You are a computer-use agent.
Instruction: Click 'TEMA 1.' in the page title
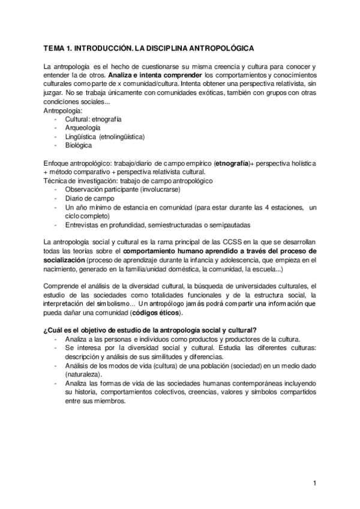pos(58,47)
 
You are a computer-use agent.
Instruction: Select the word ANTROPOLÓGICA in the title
pos(224,47)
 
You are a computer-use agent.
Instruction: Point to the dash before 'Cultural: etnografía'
pos(56,119)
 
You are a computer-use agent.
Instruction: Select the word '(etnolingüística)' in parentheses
pos(122,136)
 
